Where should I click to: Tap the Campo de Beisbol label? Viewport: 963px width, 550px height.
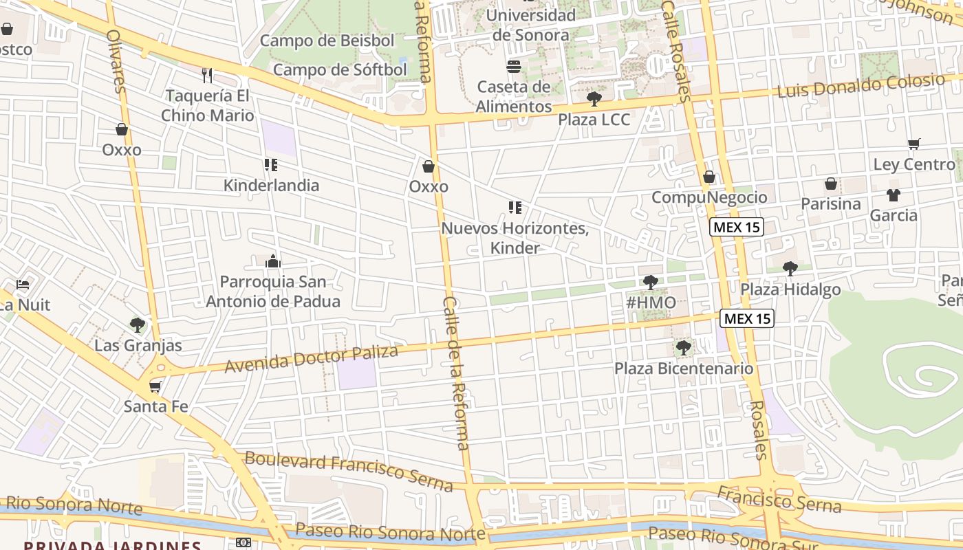point(327,41)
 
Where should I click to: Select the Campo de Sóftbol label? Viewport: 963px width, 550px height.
point(340,69)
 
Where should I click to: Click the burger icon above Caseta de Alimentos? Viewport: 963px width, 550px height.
point(514,67)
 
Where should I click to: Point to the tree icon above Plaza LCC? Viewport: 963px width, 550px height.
point(594,99)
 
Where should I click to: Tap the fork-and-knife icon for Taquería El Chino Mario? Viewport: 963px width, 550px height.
point(207,74)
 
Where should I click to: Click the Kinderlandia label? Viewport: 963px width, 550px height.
point(271,185)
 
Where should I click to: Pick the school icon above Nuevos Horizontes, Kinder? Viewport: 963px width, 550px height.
point(515,207)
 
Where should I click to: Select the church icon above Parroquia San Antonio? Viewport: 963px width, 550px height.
point(273,261)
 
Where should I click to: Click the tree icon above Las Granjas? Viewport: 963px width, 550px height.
point(138,324)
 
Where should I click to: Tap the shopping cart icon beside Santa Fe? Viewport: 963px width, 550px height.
point(155,386)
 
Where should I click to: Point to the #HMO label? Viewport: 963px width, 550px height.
point(651,302)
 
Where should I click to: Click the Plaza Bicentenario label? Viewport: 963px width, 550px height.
point(684,368)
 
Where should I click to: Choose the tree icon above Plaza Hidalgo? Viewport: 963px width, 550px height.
point(790,268)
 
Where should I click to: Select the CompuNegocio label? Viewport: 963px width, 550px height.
point(709,197)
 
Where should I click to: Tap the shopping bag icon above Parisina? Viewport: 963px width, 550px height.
point(831,184)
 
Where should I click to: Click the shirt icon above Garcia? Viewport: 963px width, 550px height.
point(894,195)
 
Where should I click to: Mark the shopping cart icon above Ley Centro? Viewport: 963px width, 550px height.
point(914,144)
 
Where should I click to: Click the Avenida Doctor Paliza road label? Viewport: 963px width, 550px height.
point(312,359)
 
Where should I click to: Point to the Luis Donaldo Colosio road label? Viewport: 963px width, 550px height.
point(861,86)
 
